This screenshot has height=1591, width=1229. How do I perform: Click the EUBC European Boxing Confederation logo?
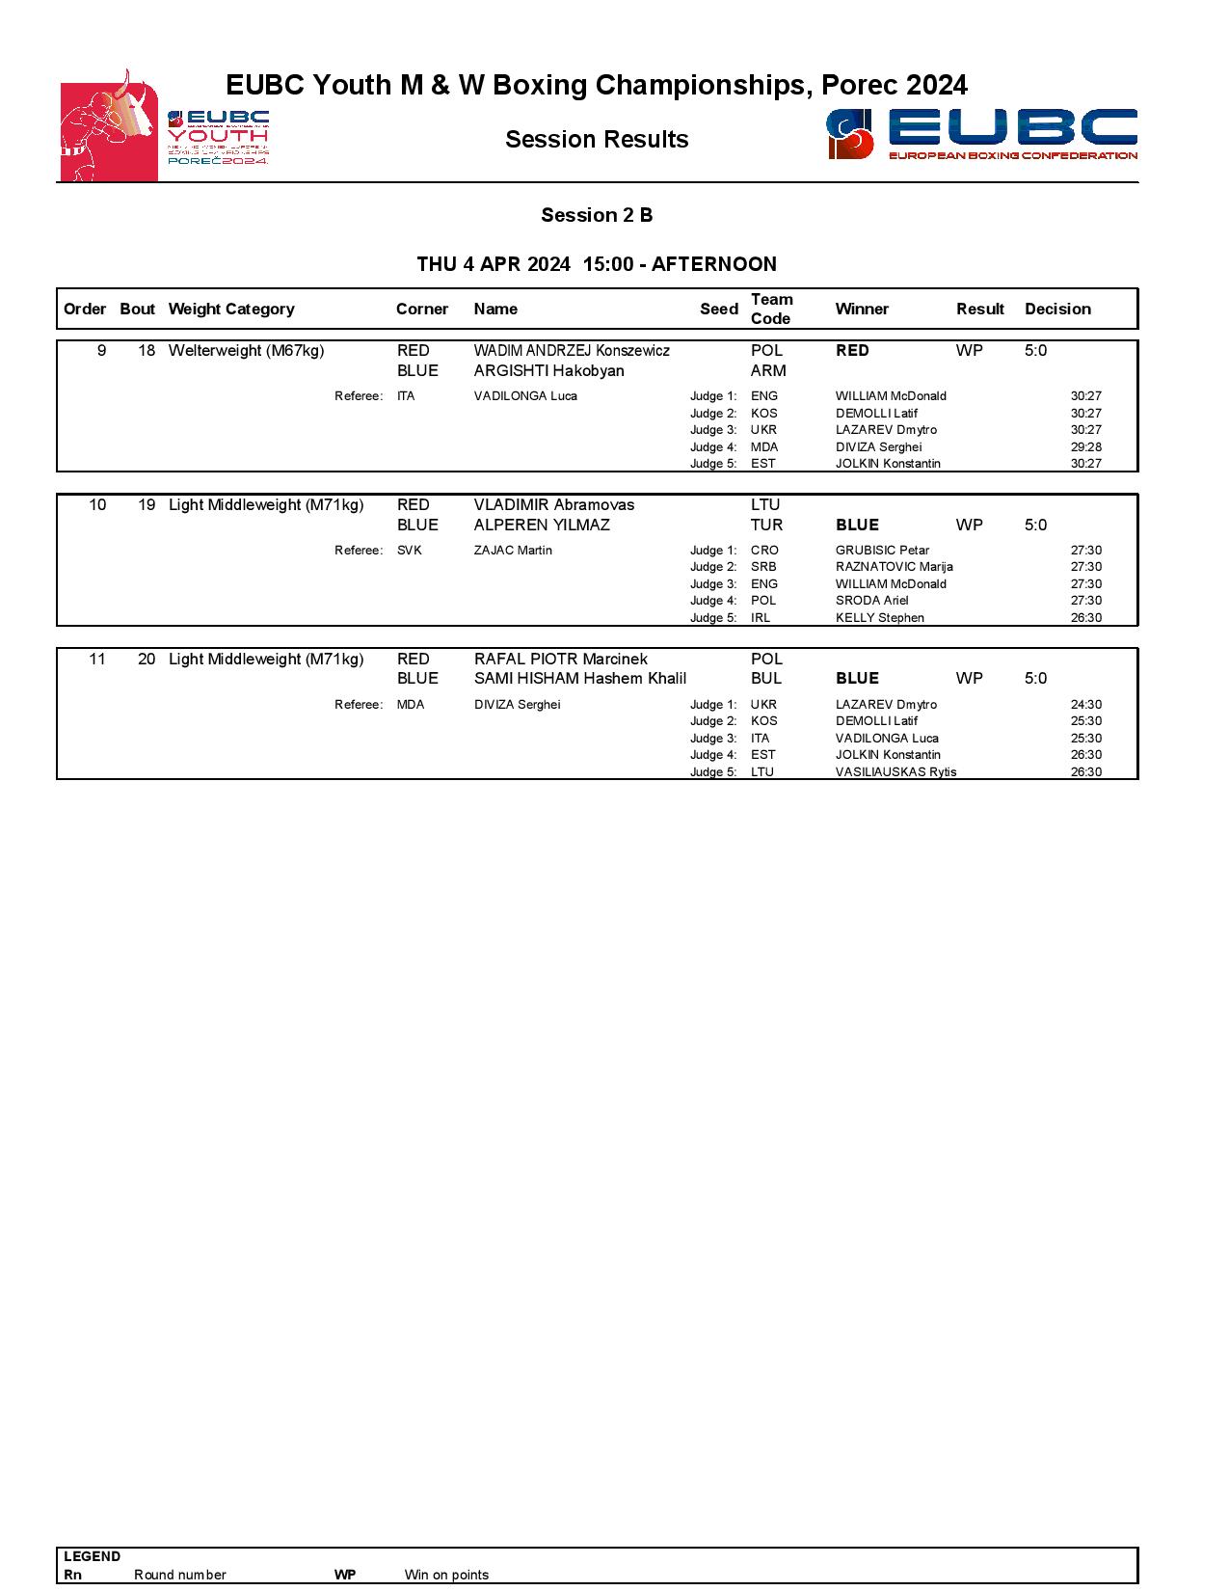point(981,134)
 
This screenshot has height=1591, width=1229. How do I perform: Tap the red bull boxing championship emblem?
point(109,125)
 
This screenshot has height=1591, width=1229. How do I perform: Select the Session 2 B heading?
point(597,215)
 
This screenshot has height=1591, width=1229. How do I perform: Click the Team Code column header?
point(771,309)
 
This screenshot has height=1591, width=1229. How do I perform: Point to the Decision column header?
point(1057,309)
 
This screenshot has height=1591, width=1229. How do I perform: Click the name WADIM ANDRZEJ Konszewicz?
point(572,351)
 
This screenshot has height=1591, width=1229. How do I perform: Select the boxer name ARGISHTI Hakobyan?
point(548,371)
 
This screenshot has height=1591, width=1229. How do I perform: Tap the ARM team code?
point(768,371)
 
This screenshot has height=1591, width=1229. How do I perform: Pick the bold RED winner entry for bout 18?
point(852,351)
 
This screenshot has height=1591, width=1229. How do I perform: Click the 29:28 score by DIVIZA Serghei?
point(1085,447)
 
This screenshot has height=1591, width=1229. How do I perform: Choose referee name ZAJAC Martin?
point(513,551)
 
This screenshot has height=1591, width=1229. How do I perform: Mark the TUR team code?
point(767,526)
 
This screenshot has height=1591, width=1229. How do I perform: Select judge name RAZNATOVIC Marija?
point(894,567)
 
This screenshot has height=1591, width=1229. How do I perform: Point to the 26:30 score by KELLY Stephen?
point(1085,618)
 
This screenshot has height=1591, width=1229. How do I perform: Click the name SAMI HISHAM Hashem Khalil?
point(579,679)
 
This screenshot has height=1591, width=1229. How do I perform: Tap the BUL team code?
point(766,679)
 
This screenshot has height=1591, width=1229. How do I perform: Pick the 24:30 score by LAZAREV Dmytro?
point(1085,705)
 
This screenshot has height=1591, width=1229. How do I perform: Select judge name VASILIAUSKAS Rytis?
point(895,772)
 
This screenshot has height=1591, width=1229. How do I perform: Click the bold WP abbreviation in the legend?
point(345,1575)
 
